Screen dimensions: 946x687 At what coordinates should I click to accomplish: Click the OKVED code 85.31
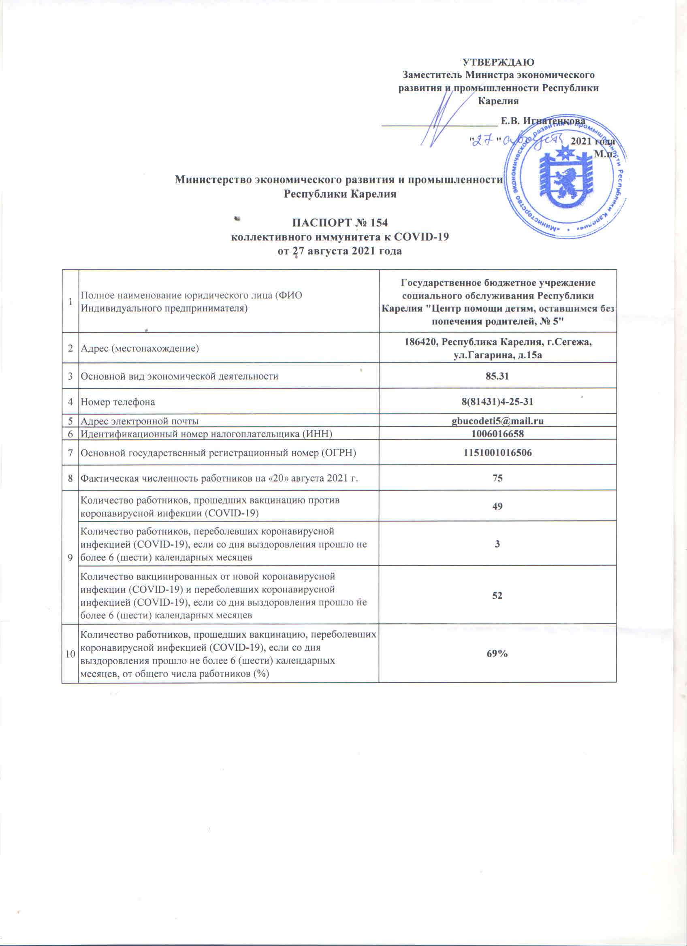click(x=497, y=376)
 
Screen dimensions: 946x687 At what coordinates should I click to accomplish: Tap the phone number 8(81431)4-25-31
click(x=497, y=402)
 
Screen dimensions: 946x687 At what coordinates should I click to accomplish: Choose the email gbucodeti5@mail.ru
click(x=497, y=421)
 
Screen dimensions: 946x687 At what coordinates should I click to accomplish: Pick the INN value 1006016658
click(x=497, y=434)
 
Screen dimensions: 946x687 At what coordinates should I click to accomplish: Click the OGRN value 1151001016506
click(x=497, y=453)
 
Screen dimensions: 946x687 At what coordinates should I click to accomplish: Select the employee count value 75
click(x=497, y=478)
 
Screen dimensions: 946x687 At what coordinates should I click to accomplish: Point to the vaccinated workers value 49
click(x=497, y=506)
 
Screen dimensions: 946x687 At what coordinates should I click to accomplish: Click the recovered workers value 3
click(x=497, y=544)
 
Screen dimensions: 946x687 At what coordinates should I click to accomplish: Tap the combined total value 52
click(x=497, y=595)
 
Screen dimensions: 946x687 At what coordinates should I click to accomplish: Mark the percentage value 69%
click(x=497, y=654)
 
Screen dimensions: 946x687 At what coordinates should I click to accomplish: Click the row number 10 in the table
click(x=70, y=654)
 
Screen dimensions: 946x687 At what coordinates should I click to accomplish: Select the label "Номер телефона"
click(x=117, y=402)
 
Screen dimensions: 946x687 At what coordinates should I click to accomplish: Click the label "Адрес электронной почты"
click(x=139, y=421)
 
